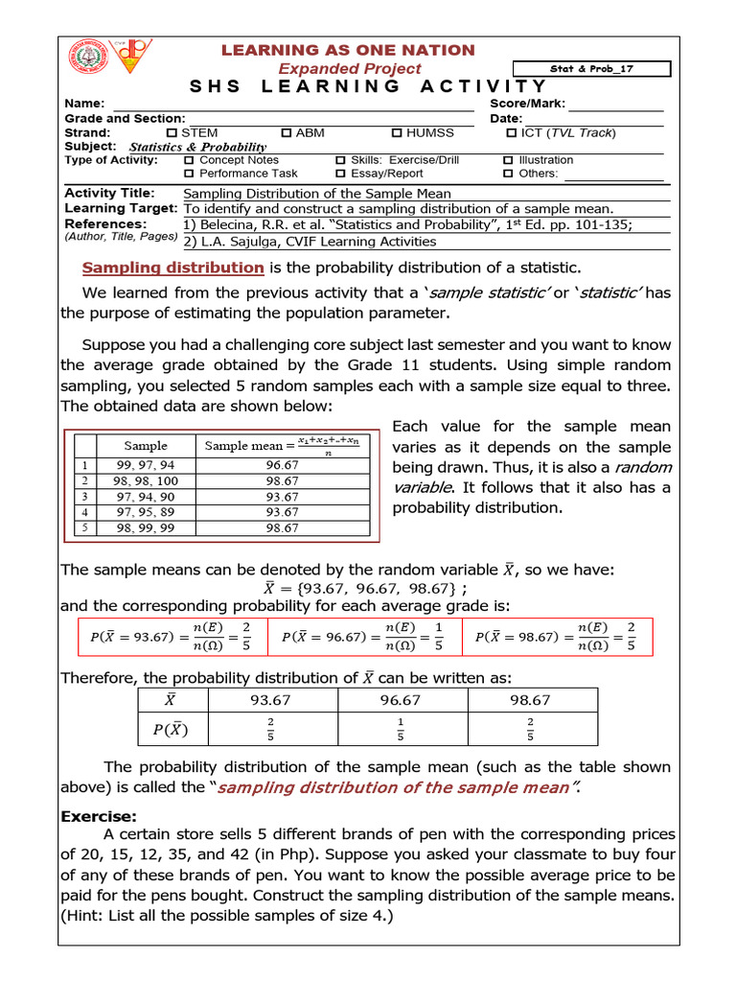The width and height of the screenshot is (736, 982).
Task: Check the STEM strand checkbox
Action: (x=172, y=132)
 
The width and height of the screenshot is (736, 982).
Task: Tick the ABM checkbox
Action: (x=287, y=132)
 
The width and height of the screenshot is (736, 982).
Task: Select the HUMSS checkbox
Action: (x=397, y=132)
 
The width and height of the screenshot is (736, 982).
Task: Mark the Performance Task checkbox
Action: (x=189, y=174)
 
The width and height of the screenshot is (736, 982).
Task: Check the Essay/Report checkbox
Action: (x=340, y=174)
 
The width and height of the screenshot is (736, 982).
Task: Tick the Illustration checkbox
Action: (x=508, y=160)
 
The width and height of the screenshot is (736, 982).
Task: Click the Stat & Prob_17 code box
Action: (x=592, y=69)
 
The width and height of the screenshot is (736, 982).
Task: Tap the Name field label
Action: (x=83, y=104)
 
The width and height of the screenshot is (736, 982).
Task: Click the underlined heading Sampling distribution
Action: (x=172, y=268)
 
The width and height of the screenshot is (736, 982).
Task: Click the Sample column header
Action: (x=146, y=445)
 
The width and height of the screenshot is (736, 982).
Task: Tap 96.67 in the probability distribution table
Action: (x=401, y=701)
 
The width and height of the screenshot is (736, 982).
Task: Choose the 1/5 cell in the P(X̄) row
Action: (x=401, y=730)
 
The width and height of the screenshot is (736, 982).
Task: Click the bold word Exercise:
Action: (x=99, y=816)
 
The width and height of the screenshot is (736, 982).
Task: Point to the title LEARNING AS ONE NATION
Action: (x=348, y=50)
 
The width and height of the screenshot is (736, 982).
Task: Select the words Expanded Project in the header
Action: (x=349, y=68)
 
